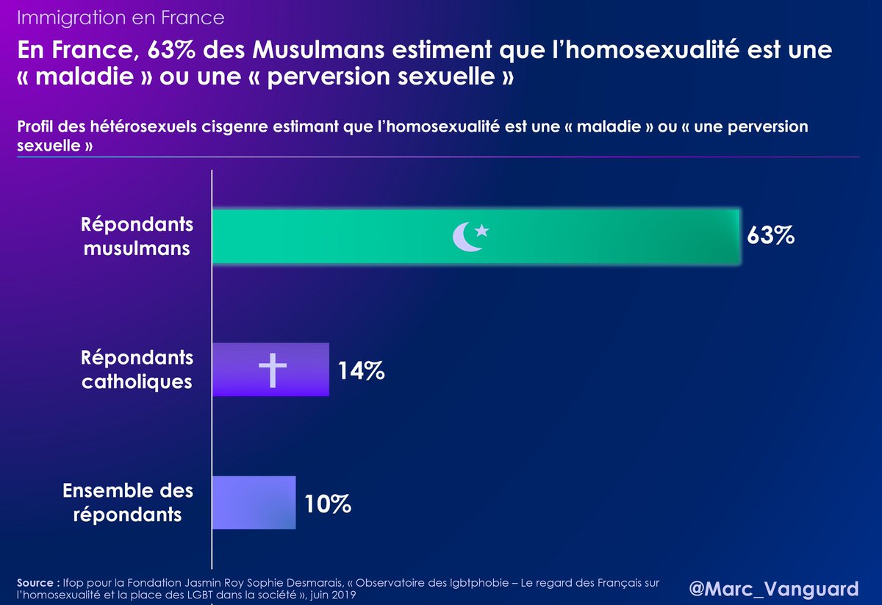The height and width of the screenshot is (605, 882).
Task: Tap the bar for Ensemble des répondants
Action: pyautogui.click(x=254, y=503)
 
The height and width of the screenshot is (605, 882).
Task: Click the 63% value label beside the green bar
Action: pyautogui.click(x=770, y=236)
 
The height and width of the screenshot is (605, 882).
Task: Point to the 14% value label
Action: pyautogui.click(x=361, y=370)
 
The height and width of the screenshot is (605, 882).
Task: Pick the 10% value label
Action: pyautogui.click(x=327, y=504)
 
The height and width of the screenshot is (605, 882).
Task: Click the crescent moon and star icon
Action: pyautogui.click(x=470, y=236)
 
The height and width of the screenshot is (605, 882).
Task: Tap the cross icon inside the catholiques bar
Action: pyautogui.click(x=272, y=370)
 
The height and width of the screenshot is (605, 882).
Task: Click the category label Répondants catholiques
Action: pyautogui.click(x=137, y=370)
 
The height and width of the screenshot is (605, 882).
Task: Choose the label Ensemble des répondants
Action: pyautogui.click(x=128, y=502)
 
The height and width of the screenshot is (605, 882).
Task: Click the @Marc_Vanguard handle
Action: pyautogui.click(x=774, y=588)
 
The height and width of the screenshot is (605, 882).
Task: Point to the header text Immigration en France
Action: pyautogui.click(x=121, y=16)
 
